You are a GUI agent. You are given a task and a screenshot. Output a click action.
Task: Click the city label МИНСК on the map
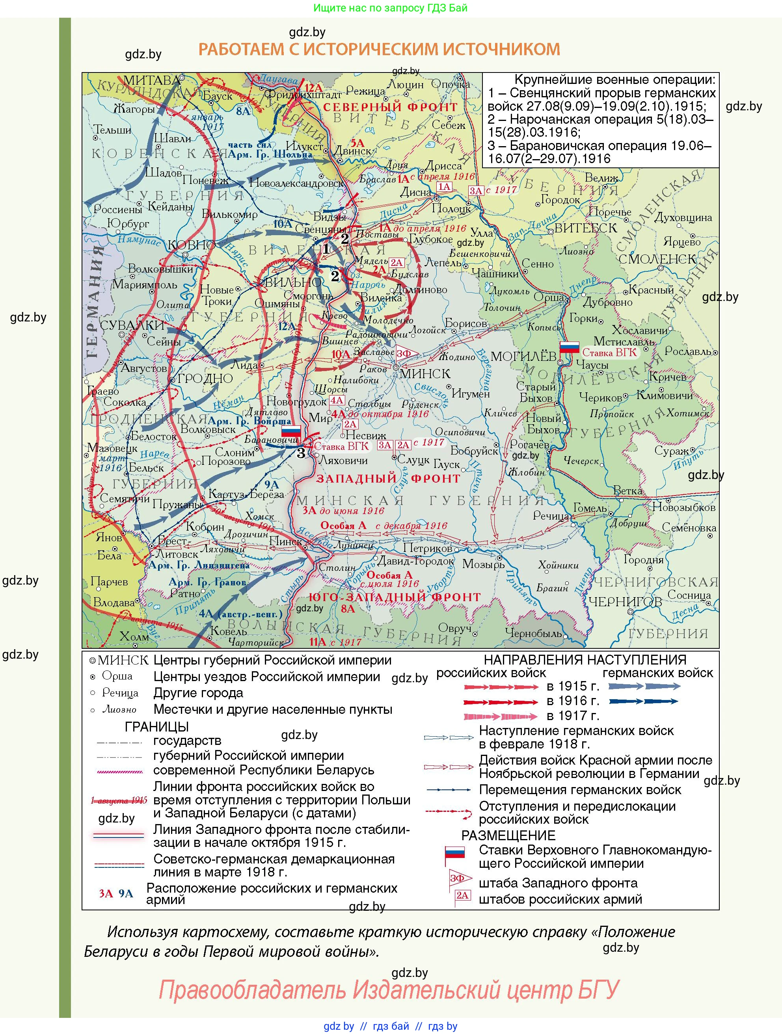point(425,374)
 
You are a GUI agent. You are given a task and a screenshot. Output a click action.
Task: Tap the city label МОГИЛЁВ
point(523,356)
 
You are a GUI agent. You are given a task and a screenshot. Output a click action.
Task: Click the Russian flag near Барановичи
point(291,432)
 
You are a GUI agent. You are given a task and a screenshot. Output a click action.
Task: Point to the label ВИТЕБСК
point(586,228)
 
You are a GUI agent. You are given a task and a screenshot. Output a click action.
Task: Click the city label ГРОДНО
point(205,379)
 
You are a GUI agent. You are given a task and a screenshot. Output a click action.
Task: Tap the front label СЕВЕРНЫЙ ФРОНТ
point(390,107)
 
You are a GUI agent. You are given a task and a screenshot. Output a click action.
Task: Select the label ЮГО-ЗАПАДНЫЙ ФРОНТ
point(394,597)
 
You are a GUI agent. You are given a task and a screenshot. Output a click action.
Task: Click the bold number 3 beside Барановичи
point(301,453)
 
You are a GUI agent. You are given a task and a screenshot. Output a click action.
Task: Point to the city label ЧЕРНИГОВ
point(625,602)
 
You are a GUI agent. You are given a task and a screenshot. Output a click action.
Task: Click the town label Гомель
point(590,508)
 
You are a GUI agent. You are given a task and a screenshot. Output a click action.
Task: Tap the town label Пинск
point(285,541)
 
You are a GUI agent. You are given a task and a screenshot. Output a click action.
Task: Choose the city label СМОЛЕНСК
point(657,259)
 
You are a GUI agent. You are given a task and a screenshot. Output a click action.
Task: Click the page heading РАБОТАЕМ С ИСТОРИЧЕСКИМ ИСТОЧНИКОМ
point(379,49)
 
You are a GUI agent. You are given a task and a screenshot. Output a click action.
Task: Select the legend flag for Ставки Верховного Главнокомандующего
point(454,852)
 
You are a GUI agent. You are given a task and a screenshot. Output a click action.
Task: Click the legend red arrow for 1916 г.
point(501,702)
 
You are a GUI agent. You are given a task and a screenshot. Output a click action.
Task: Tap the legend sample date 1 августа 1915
point(119,800)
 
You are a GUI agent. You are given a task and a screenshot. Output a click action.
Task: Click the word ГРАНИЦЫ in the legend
point(156,726)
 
